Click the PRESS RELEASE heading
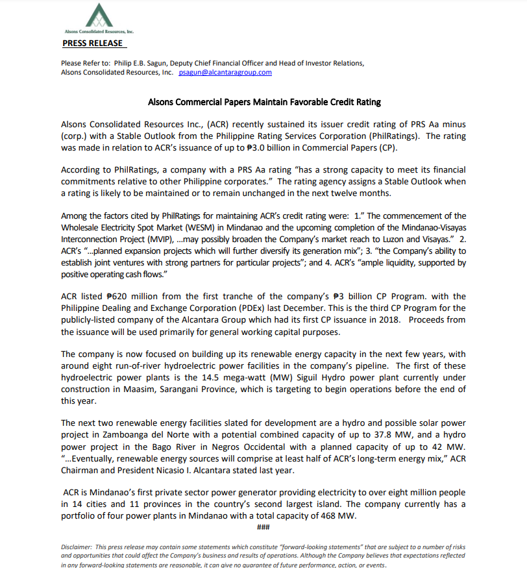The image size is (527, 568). coord(92,43)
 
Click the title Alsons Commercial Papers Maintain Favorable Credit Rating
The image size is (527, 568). coord(264,102)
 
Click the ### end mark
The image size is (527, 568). coord(263,526)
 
